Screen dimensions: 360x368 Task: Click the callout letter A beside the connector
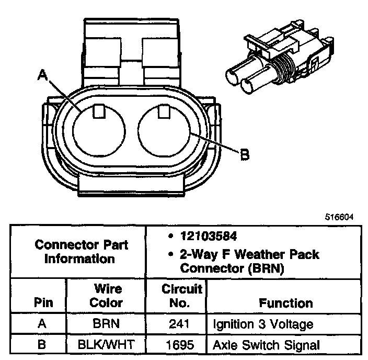[x=42, y=76]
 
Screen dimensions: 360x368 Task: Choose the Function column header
[x=285, y=302]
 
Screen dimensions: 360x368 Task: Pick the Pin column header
[x=43, y=302]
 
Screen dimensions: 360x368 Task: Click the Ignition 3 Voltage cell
[x=262, y=324]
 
